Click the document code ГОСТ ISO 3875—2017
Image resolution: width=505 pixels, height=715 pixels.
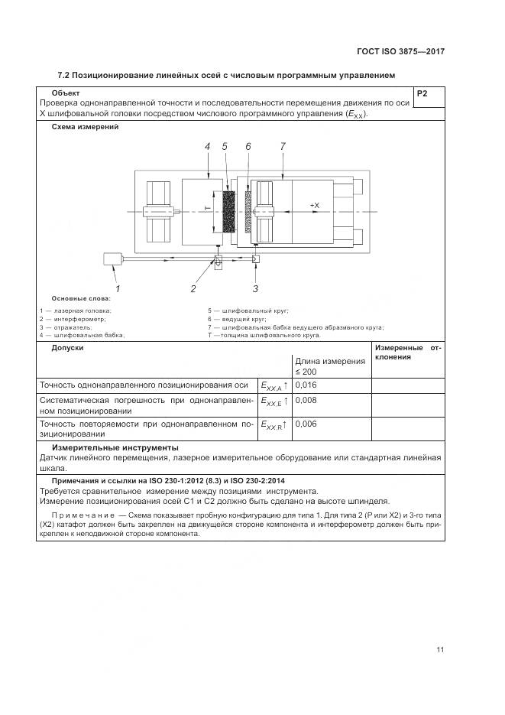400,52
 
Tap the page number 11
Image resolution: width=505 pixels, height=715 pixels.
440,650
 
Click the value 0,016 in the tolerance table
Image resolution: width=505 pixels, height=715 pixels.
306,385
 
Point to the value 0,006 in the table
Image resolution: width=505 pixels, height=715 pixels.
306,424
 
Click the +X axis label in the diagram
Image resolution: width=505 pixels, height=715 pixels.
314,206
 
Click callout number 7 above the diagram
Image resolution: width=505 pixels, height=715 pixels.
283,146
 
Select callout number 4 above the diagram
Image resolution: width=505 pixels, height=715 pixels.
207,146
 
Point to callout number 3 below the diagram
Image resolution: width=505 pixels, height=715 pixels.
255,288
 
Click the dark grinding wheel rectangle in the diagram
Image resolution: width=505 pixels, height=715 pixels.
228,210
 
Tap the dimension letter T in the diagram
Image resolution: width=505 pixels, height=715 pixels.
206,208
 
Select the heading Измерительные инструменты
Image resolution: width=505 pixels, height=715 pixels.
115,447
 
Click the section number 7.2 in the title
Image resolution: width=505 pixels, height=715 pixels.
64,75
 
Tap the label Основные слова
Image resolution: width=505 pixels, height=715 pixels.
80,297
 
